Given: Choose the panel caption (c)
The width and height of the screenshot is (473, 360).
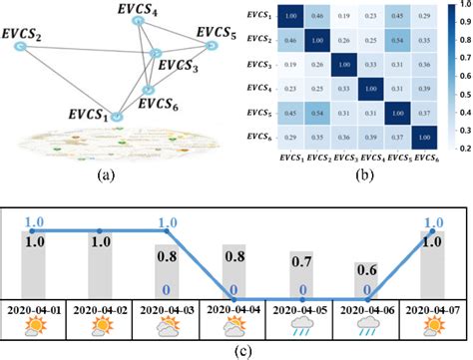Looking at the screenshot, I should [236, 349].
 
